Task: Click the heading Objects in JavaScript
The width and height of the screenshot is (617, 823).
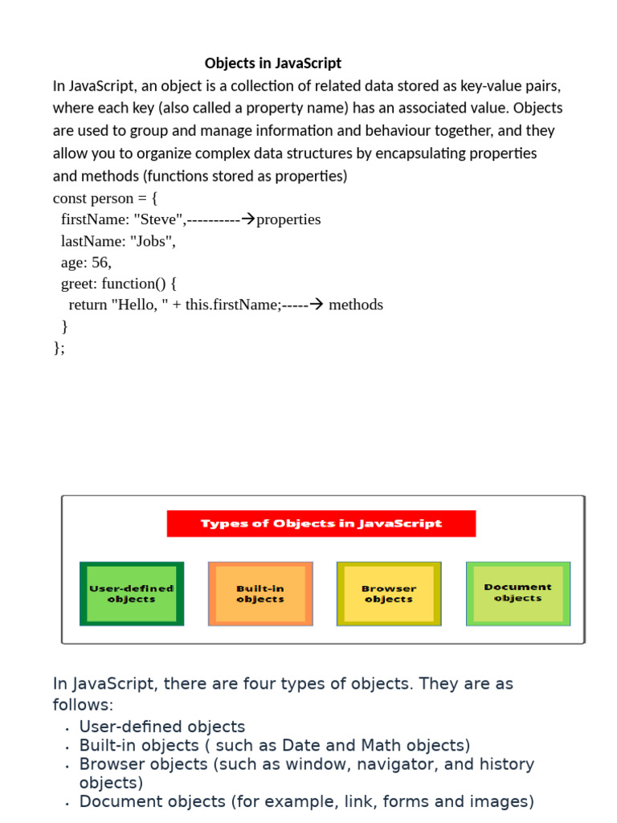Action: (273, 63)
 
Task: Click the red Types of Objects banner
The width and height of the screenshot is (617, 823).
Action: (321, 523)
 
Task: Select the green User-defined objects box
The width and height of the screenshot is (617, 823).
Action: (132, 594)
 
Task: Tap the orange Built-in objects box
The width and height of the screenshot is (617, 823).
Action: (260, 594)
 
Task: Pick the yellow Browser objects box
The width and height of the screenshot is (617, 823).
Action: (389, 594)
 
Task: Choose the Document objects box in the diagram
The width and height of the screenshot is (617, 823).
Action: (518, 593)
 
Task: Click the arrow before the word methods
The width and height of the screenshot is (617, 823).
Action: (316, 305)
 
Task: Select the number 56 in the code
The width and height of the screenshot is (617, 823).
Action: (100, 262)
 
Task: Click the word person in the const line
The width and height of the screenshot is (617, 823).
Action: (112, 199)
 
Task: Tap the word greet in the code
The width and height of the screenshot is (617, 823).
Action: (78, 284)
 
